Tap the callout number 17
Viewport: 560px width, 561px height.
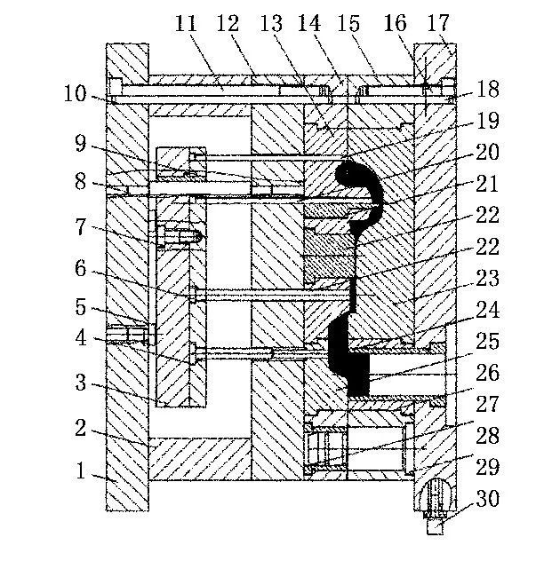[439, 24]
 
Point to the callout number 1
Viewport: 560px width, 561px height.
[82, 471]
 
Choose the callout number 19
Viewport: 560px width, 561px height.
[487, 122]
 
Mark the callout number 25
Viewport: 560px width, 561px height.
[487, 340]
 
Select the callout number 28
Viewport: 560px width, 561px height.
[487, 437]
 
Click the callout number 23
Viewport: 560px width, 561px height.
[487, 277]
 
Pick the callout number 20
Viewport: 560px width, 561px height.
[487, 152]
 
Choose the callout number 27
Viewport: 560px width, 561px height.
[487, 405]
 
